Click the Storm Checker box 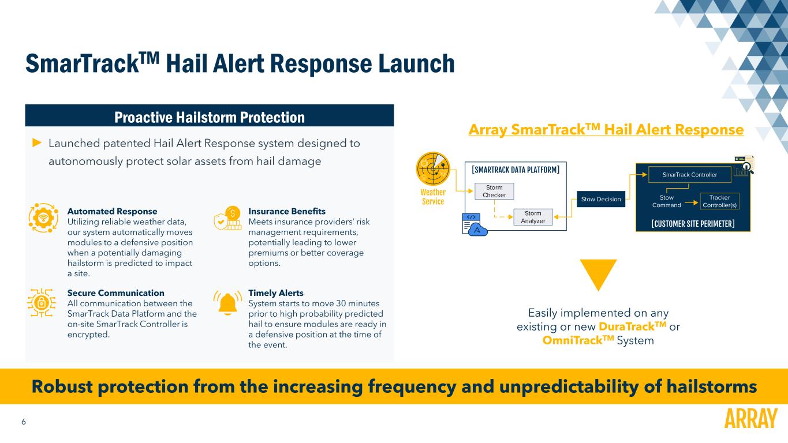coord(494,192)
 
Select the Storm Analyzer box coord(532,217)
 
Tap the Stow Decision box coord(602,200)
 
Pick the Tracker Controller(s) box coord(719,201)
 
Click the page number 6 coord(24,422)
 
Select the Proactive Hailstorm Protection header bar coord(210,117)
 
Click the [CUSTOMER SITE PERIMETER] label coord(692,223)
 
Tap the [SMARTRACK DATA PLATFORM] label coord(516,170)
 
